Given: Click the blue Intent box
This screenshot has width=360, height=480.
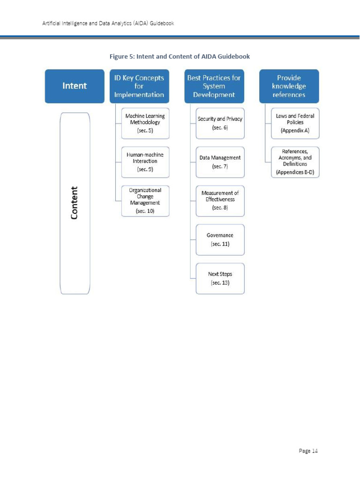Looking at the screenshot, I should coord(75,86).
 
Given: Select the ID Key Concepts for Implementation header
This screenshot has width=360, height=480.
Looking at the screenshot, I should coord(139,86).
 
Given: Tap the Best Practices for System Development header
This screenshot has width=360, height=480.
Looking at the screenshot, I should coord(214,86).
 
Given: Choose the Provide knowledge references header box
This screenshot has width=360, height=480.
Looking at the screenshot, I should coord(289,86).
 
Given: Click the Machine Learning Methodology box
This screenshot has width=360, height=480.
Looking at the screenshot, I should coord(145,123).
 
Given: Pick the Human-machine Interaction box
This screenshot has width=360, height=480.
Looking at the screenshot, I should coord(145,162).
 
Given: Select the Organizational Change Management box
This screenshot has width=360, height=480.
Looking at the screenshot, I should coord(145,201).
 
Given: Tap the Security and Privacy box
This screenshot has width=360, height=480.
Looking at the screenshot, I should coord(220,123).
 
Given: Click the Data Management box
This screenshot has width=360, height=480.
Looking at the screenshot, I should coord(220,162).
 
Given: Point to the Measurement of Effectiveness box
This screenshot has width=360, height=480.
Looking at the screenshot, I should coord(220,201).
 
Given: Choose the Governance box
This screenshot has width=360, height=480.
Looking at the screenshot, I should coord(220,240).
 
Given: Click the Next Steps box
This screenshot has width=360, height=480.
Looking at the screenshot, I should coord(220,278).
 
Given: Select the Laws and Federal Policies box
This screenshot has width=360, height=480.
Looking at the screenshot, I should coord(295,123).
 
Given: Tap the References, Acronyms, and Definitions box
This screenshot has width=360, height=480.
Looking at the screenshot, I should coord(295,162).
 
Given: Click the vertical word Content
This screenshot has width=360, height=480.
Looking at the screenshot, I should coord(75,203).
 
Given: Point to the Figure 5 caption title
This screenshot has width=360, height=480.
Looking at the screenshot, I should coord(180,56).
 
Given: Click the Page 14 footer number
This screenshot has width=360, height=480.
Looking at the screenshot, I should coord(308,450).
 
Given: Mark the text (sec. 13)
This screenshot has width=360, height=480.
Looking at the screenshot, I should coord(220,283).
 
